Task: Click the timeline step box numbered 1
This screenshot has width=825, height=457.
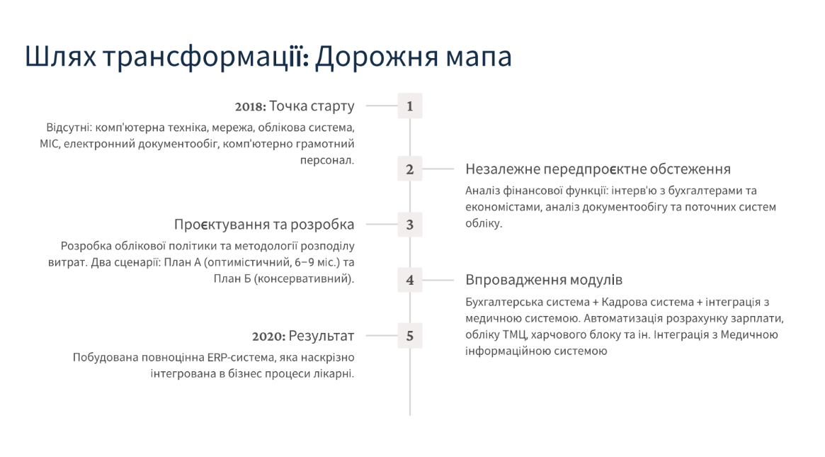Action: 409,106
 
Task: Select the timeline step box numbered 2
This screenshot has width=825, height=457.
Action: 409,169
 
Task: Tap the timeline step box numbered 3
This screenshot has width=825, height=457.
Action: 409,225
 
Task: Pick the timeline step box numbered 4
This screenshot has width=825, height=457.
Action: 409,280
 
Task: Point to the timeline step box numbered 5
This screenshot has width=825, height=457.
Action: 409,336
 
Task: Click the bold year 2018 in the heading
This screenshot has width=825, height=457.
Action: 250,107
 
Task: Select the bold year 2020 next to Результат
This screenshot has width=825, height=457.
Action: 268,337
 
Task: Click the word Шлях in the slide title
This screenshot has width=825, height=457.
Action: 59,57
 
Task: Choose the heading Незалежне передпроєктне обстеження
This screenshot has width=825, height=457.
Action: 598,169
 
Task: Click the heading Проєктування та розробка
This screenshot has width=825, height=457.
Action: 264,225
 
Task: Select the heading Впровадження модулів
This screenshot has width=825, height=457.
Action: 544,280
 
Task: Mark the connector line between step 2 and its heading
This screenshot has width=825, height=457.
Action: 438,169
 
